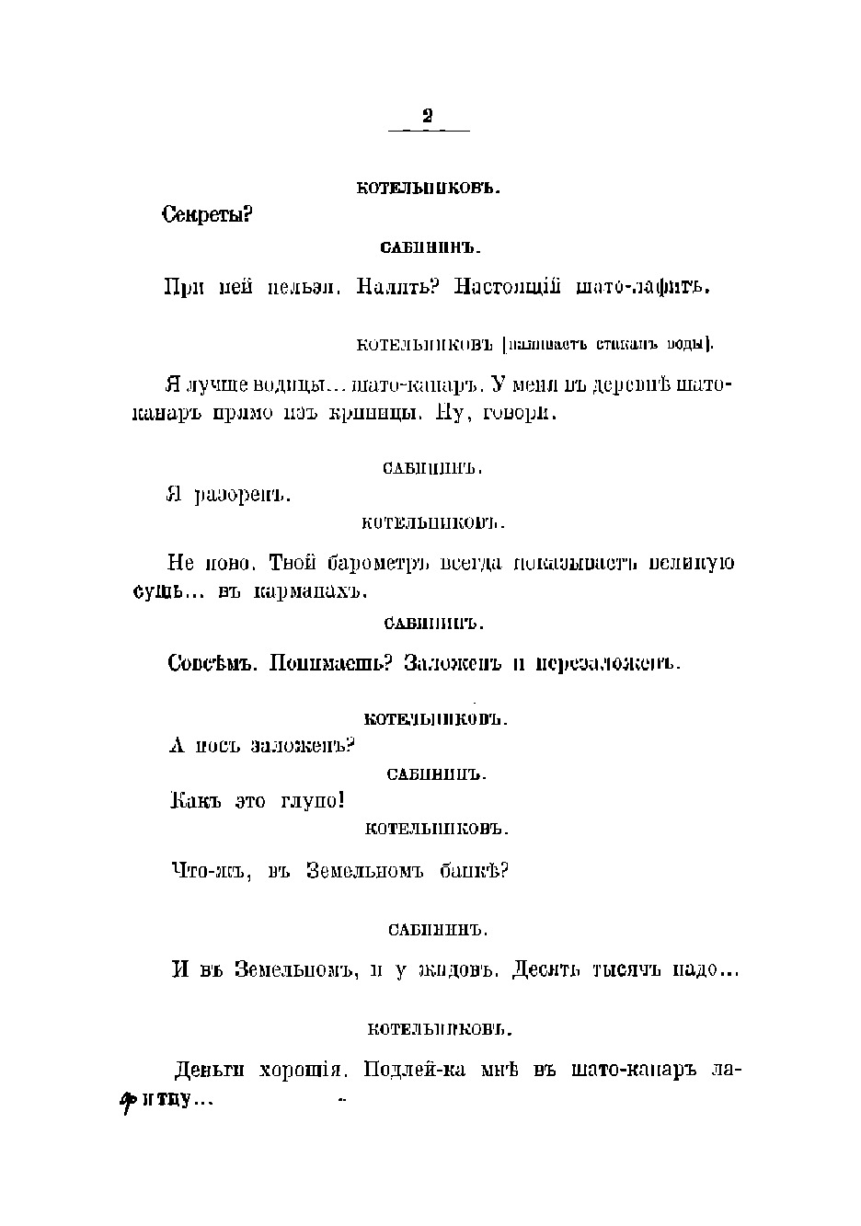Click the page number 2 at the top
pos(427,117)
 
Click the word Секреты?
pos(207,215)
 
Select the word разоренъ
pos(242,496)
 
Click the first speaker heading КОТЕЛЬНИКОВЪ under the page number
pos(428,189)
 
